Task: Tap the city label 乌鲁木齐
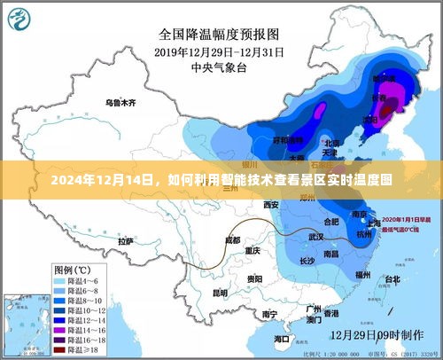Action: pos(120,104)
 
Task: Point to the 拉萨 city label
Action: pos(126,240)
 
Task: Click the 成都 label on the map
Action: pos(232,239)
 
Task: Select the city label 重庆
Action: pos(253,251)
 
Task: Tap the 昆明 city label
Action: pos(219,292)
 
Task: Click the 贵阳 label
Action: pos(254,278)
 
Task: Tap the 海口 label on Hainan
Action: pos(281,338)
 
